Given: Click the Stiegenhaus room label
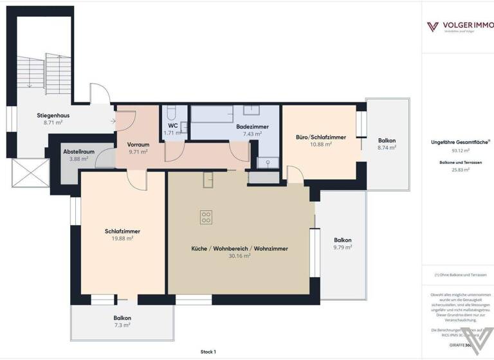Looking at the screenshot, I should coord(53,116).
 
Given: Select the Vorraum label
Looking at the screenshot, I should coord(138,145).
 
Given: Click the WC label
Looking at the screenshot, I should coord(173,125).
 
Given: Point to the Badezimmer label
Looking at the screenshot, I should coord(252,127).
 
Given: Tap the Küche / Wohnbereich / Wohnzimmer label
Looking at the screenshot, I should coord(239,248).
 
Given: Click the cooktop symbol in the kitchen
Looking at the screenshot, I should coord(206,217).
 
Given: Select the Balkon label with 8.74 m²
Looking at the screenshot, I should coord(387,140).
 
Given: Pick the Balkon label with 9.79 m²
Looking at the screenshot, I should coord(343,240).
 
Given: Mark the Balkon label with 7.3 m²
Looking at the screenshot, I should coord(122,318).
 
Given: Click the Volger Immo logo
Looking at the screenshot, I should coord(457,26).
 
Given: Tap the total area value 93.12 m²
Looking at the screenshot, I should coord(457,151).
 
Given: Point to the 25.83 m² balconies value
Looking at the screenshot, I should coord(457,170).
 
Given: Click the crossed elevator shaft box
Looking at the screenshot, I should coord(30,173).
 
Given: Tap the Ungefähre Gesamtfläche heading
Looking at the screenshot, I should coord(456,142).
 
